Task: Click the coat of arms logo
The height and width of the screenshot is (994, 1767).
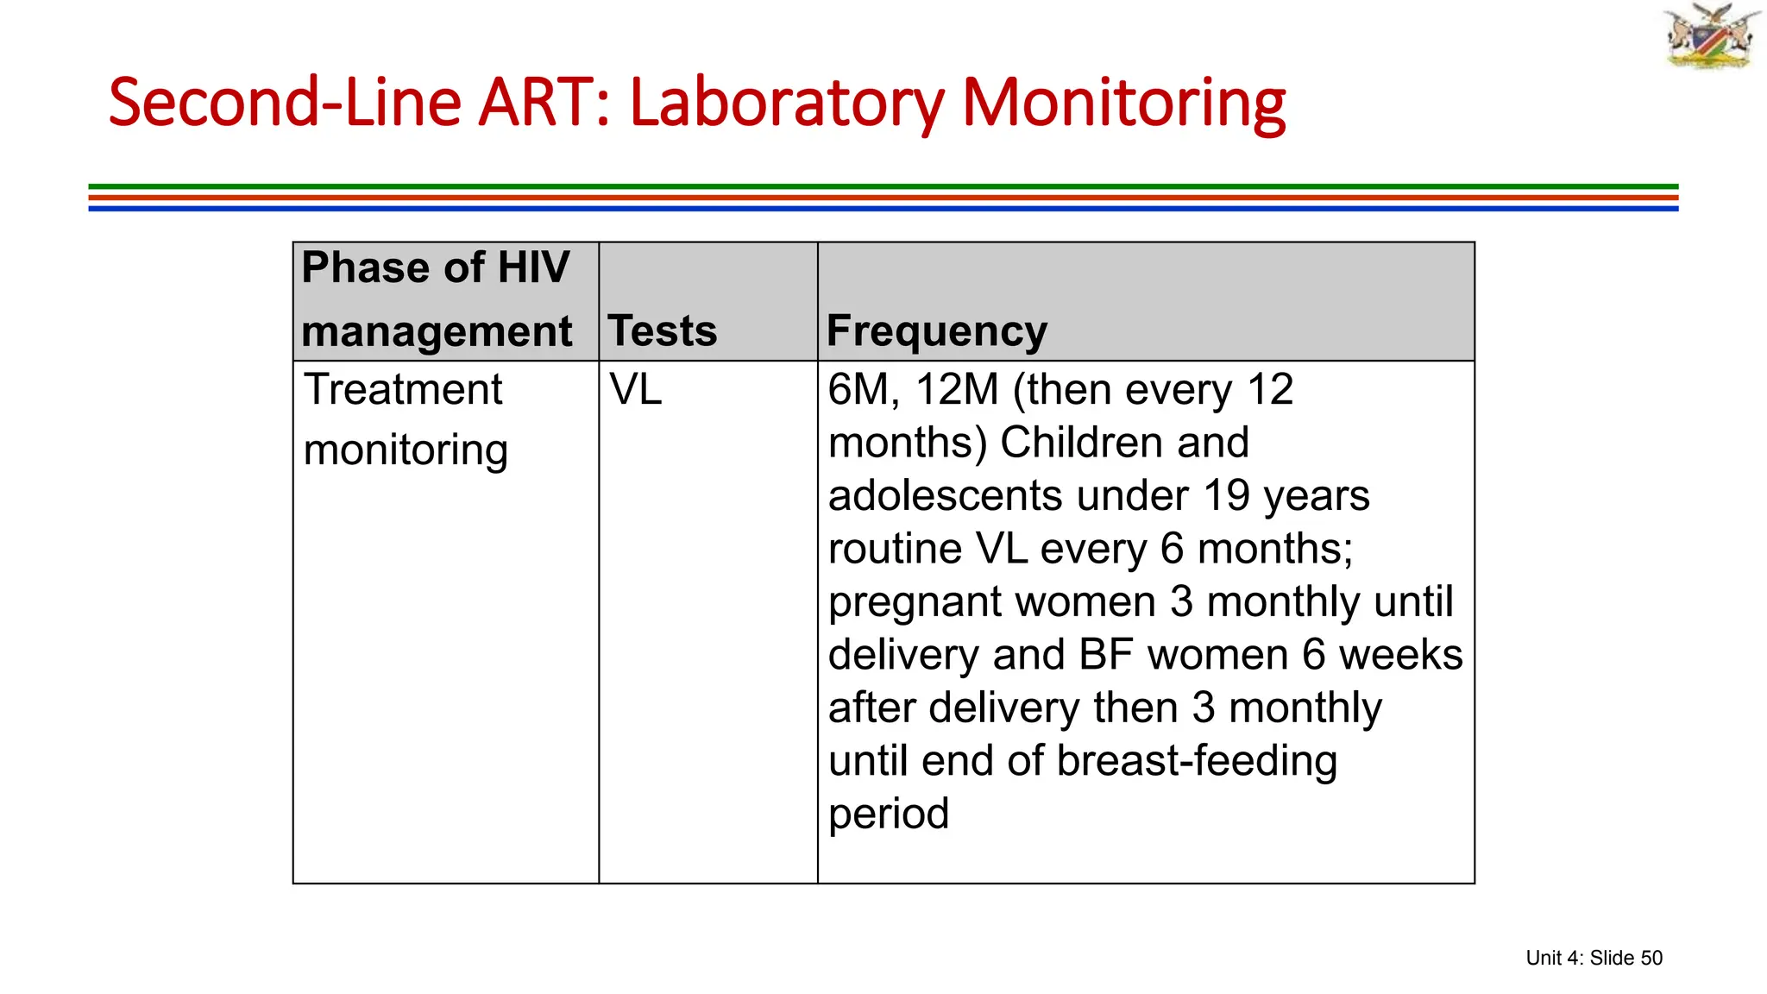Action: [x=1712, y=36]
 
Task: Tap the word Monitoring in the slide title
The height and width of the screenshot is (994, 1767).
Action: [x=1123, y=103]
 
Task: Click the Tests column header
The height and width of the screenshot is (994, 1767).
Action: [x=662, y=330]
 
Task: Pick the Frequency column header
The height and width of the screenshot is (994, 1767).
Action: [x=937, y=330]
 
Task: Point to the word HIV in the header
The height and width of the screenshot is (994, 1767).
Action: [x=533, y=267]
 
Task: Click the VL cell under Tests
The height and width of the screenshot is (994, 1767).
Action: [x=636, y=389]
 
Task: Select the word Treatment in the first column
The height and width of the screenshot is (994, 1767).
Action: [x=403, y=389]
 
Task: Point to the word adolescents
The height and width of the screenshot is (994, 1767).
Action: [x=945, y=495]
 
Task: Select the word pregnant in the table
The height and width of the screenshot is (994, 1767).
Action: [x=905, y=602]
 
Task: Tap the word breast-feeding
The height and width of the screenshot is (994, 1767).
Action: [x=1197, y=761]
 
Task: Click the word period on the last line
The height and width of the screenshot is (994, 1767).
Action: [x=889, y=814]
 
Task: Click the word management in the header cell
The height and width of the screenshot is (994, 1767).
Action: [x=437, y=331]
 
